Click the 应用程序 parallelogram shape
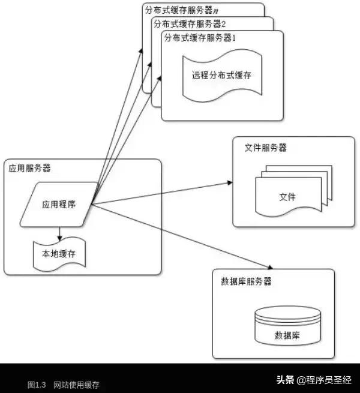[x=59, y=204]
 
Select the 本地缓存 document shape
[x=59, y=254]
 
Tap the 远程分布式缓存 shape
[x=221, y=76]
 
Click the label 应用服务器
[x=26, y=168]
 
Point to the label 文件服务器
[x=266, y=148]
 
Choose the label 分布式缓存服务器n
[x=180, y=10]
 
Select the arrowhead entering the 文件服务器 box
[x=229, y=181]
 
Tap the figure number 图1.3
[x=37, y=384]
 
